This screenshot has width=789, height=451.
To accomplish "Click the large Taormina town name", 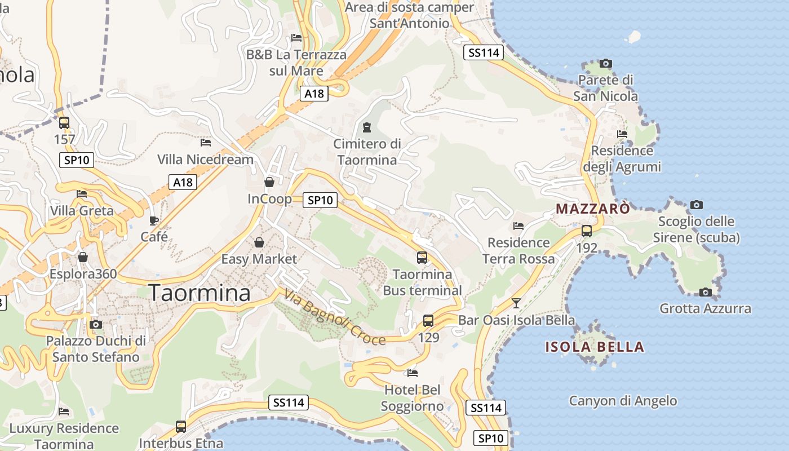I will coord(200,293).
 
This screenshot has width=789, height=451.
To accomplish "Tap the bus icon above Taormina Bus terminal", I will coord(422,258).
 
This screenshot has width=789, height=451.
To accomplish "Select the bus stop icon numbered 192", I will coord(587,231).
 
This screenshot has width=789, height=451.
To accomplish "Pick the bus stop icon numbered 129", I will coord(428,321).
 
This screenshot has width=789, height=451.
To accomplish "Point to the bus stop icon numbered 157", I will coord(64,122).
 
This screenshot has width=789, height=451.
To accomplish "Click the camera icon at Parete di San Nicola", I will coord(606,63).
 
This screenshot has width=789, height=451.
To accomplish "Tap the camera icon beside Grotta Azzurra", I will coord(705,292).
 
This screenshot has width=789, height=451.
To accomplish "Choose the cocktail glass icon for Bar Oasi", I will coord(516,303).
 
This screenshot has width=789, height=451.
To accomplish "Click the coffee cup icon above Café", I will coord(154,220).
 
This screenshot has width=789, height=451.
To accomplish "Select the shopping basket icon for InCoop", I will coord(269,182).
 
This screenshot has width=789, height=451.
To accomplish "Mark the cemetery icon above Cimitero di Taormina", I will coord(367,127).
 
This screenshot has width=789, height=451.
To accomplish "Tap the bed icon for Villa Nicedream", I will coord(205,143).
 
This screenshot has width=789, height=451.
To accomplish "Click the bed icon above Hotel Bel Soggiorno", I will coord(413,373).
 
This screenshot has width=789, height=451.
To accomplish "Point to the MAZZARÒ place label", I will coord(592,209).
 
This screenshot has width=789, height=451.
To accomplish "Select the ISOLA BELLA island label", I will coord(595,347).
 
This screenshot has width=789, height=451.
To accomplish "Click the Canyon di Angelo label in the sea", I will coord(623,401).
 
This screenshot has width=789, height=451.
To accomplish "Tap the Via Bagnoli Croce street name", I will coord(335,317).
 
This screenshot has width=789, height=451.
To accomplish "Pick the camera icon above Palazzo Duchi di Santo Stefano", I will coord(96,324).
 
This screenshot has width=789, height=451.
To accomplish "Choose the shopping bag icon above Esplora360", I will coord(83,258).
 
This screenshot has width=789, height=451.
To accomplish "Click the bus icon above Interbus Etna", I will coord(181,427).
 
